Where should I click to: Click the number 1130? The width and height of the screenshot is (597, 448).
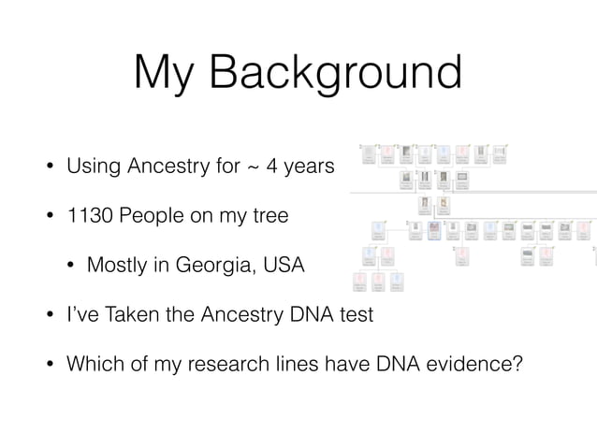[89, 217]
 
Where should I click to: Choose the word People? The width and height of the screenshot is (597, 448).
[149, 217]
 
